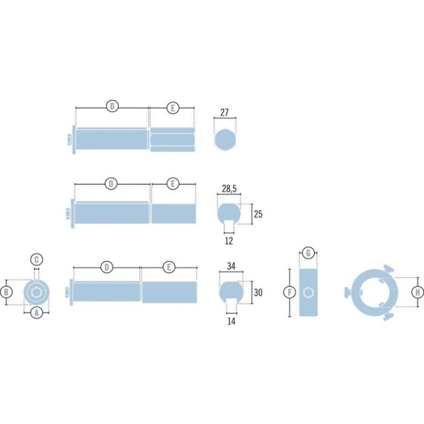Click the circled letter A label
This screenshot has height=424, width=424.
click(x=36, y=313)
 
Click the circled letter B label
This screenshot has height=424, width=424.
click(x=6, y=292)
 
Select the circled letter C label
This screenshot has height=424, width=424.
click(x=36, y=259)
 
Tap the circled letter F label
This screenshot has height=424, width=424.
click(x=289, y=292)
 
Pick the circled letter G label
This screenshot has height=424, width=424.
click(x=308, y=254)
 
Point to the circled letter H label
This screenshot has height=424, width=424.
click(x=418, y=292)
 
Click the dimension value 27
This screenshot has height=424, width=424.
click(x=225, y=112)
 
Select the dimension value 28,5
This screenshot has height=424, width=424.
click(x=229, y=189)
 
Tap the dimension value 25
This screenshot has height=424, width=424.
click(x=258, y=214)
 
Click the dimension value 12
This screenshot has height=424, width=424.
click(x=229, y=241)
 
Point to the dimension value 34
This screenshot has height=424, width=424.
click(x=231, y=267)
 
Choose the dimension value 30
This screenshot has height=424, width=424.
click(x=258, y=292)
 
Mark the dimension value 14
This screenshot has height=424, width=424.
click(x=231, y=321)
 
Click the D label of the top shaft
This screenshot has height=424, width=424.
click(x=112, y=106)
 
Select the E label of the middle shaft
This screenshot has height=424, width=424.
click(x=173, y=184)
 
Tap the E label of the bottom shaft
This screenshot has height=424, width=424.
click(x=169, y=268)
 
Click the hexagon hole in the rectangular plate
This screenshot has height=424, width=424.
click(x=308, y=292)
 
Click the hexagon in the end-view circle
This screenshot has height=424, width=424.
click(x=36, y=292)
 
